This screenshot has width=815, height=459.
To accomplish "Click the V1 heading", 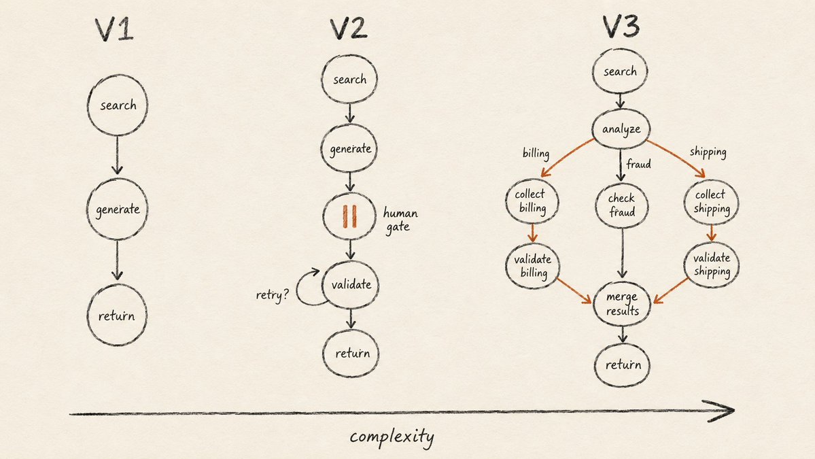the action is (x=114, y=30).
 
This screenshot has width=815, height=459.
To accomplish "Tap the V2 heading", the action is (x=349, y=29).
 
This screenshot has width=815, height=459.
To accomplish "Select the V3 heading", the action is (x=621, y=27).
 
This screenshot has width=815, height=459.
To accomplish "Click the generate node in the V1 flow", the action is (x=117, y=209).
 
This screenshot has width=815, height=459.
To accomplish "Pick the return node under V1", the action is (x=117, y=315).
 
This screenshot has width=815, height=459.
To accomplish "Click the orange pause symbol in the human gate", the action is (x=349, y=216).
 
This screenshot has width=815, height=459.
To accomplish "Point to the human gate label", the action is (x=400, y=220).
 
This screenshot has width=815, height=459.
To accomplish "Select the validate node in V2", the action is (x=351, y=284).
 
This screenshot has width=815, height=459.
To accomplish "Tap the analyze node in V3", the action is (x=621, y=129).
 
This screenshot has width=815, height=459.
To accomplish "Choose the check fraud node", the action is (x=622, y=205).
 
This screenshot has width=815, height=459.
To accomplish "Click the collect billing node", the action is (x=531, y=201).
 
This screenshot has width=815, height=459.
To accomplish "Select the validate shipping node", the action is (x=711, y=265).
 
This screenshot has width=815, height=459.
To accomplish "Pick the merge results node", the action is (x=622, y=303).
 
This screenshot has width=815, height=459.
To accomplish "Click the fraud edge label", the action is (x=638, y=165).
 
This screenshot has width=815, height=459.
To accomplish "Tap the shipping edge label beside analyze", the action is (x=708, y=152).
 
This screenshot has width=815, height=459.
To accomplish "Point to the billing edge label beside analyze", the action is (x=536, y=153).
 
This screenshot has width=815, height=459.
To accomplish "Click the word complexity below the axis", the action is (x=392, y=436).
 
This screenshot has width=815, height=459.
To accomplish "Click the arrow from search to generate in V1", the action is (x=117, y=155).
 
